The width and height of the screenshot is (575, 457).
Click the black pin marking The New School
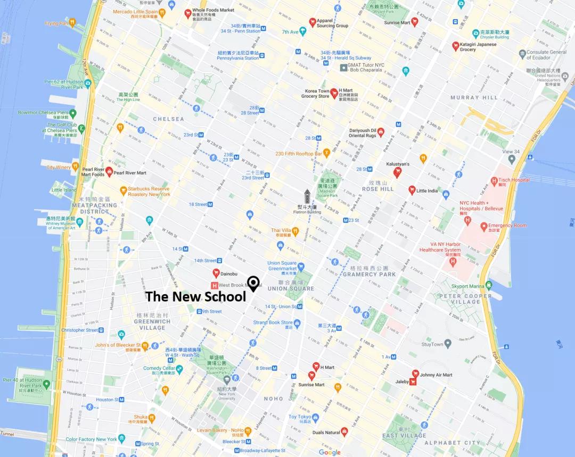pyautogui.click(x=253, y=283)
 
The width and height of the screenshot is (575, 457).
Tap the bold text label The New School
pyautogui.click(x=195, y=297)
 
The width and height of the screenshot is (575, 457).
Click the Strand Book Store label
pyautogui.click(x=273, y=322)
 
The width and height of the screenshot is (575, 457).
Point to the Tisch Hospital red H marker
pyautogui.click(x=494, y=181)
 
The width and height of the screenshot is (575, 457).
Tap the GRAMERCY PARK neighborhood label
pyautogui.click(x=369, y=274)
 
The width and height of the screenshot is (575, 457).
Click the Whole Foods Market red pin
pyautogui.click(x=187, y=14)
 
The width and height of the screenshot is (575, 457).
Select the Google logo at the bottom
pyautogui.click(x=330, y=452)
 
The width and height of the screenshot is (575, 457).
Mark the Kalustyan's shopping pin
pyautogui.click(x=397, y=172)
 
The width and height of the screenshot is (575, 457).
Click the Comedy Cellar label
pyautogui.click(x=159, y=368)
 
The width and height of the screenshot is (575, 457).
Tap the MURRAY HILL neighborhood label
pyautogui.click(x=474, y=98)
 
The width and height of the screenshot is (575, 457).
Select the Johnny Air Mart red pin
pyautogui.click(x=415, y=374)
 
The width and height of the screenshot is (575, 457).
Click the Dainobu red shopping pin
pyautogui.click(x=216, y=273)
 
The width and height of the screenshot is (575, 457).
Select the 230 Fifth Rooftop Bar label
pyautogui.click(x=299, y=154)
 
